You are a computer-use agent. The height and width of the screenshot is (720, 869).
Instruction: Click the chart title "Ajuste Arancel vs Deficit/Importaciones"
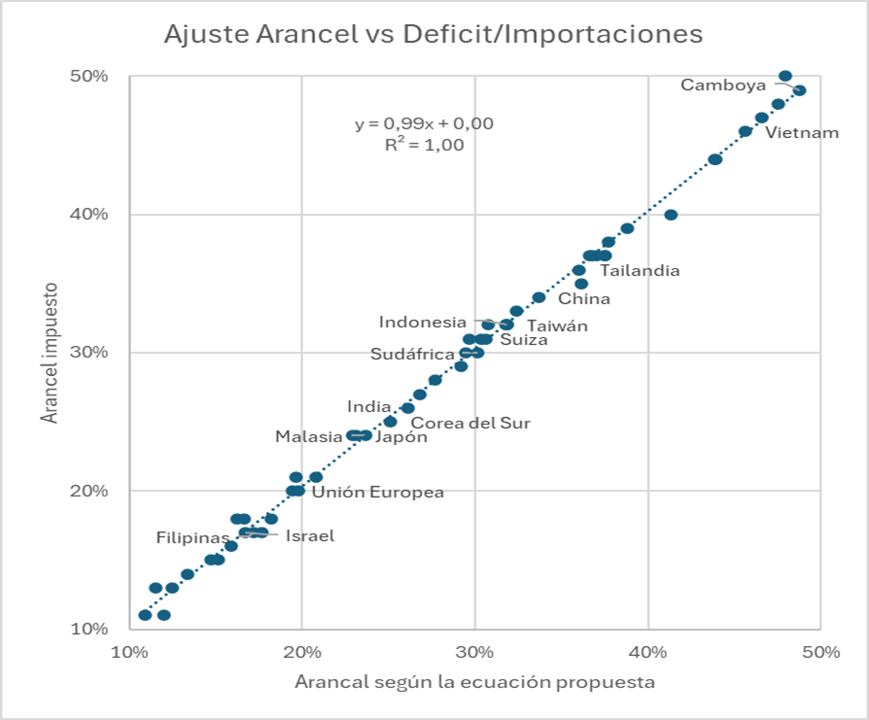coord(433,34)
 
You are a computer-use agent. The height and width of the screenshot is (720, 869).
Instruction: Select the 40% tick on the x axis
coord(647,650)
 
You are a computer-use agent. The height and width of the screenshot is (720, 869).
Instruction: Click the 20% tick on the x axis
coord(301,650)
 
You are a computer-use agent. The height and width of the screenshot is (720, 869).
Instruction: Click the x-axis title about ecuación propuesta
coord(474,682)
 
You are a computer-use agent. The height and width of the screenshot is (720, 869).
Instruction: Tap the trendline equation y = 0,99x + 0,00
coord(424,123)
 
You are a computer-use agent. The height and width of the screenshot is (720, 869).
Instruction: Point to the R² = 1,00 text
coord(424,145)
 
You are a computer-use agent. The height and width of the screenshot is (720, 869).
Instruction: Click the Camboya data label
coord(723,85)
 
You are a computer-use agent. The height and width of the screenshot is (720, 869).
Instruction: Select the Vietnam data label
coord(802,132)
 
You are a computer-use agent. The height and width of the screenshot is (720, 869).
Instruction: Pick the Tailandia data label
coord(639,270)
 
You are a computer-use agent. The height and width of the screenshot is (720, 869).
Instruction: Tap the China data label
coord(584,298)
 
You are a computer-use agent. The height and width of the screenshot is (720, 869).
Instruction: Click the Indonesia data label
coord(423,322)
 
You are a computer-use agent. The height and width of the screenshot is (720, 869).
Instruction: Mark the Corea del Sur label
coord(470,423)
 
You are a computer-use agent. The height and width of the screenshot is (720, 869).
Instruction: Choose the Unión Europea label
coord(377,492)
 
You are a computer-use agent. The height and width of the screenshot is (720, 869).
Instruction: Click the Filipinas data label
coord(193,536)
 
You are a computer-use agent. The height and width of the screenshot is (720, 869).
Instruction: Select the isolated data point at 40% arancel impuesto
coord(671,215)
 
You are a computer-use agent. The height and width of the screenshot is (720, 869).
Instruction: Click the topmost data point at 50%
coord(785,76)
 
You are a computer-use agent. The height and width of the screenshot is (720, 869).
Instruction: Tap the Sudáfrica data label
coord(413,354)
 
